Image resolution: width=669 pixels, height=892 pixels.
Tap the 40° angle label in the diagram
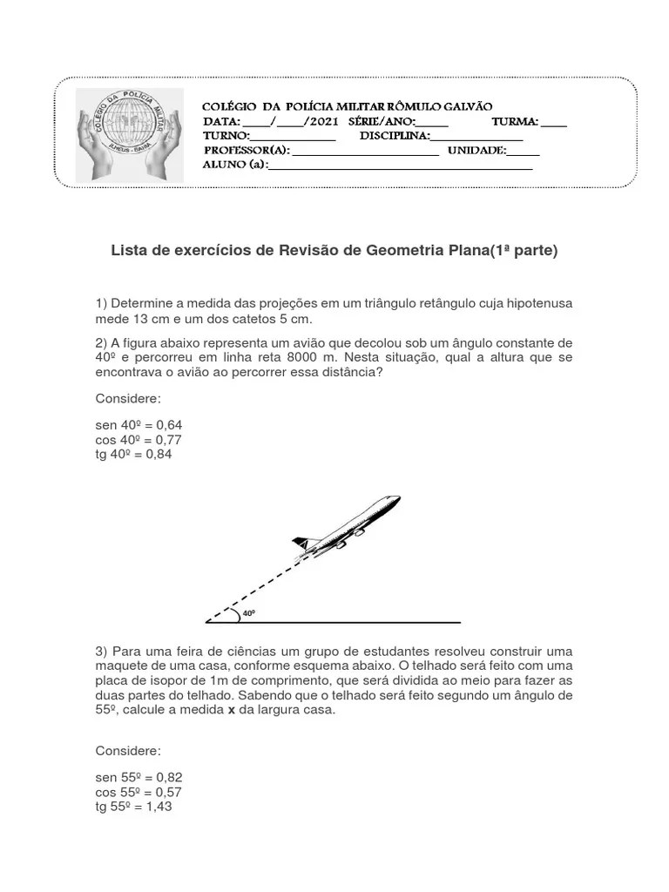249,613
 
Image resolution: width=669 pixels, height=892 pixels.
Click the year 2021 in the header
323,121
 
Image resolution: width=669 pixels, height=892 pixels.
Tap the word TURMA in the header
515,121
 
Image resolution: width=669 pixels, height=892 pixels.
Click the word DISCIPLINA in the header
394,136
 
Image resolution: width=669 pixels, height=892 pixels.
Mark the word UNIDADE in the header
476,150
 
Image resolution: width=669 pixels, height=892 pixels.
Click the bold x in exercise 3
232,710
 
